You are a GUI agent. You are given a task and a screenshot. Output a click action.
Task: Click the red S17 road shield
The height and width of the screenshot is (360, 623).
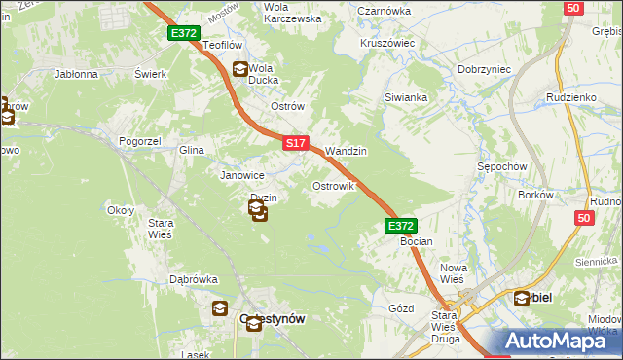[297, 143]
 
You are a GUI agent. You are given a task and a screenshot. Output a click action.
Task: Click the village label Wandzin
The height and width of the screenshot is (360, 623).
[346, 152]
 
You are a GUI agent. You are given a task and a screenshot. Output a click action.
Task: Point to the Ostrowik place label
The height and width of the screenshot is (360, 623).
[332, 185]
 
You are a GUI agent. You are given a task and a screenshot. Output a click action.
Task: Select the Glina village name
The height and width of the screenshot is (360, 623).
[191, 151]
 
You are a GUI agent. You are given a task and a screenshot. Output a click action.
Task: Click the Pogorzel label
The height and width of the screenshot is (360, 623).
[139, 141]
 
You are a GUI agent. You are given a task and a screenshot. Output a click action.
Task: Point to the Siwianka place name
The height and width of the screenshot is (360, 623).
[406, 97]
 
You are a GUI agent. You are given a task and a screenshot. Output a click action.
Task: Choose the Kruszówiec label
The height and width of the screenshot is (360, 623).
[387, 44]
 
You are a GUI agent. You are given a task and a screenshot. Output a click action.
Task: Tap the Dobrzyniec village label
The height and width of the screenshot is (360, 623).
[486, 70]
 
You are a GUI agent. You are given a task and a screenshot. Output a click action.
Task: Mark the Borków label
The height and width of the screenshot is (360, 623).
[535, 195]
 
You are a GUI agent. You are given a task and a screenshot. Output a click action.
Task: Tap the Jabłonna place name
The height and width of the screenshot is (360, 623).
[77, 74]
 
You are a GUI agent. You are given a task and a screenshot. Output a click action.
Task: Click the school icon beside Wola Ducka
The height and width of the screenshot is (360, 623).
[239, 69]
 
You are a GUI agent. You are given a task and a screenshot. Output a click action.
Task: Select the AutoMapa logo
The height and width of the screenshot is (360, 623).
[561, 341]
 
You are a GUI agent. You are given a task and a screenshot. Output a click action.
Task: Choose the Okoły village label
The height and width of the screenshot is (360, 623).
[120, 209]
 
